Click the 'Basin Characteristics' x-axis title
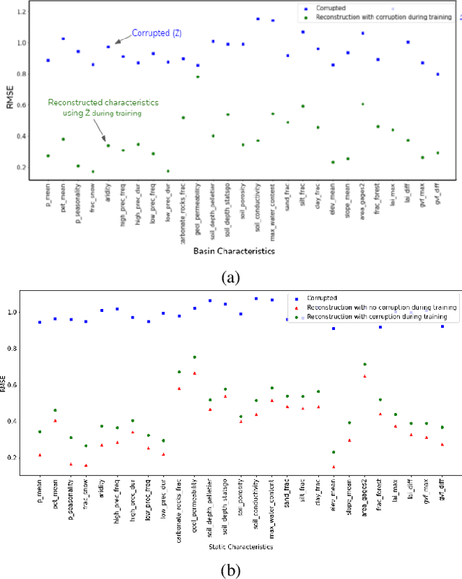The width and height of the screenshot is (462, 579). click(x=243, y=251)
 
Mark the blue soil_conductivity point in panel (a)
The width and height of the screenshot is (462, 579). click(x=258, y=19)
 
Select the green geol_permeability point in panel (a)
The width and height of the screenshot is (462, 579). click(x=198, y=77)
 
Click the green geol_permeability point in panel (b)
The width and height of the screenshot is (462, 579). click(x=194, y=357)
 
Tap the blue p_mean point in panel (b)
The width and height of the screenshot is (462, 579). click(x=39, y=322)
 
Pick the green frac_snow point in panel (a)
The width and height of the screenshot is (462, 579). click(x=93, y=172)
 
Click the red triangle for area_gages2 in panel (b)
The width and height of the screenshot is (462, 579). click(x=364, y=376)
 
